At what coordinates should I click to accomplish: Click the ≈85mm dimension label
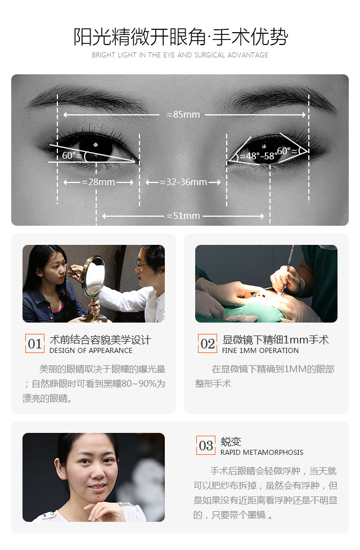tap(183, 114)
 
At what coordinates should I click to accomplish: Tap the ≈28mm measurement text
tap(98, 182)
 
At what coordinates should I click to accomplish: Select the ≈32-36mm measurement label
tap(183, 182)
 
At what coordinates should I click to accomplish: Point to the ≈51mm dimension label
tap(183, 216)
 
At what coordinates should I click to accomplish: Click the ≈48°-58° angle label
tap(258, 156)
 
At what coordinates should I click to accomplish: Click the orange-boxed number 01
tap(35, 343)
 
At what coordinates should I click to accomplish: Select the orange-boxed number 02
tap(208, 343)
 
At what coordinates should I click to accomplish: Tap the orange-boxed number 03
tap(206, 445)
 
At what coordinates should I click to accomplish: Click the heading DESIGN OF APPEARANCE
tap(91, 350)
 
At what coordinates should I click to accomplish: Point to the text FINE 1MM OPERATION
tap(260, 350)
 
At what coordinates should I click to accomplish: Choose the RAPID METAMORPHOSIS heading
tap(262, 452)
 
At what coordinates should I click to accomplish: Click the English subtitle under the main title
tap(180, 55)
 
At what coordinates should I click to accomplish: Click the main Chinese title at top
tap(181, 37)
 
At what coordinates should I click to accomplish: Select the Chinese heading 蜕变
tap(231, 441)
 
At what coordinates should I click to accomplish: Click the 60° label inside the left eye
tap(72, 155)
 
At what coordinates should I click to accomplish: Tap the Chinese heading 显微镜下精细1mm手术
tap(276, 339)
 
